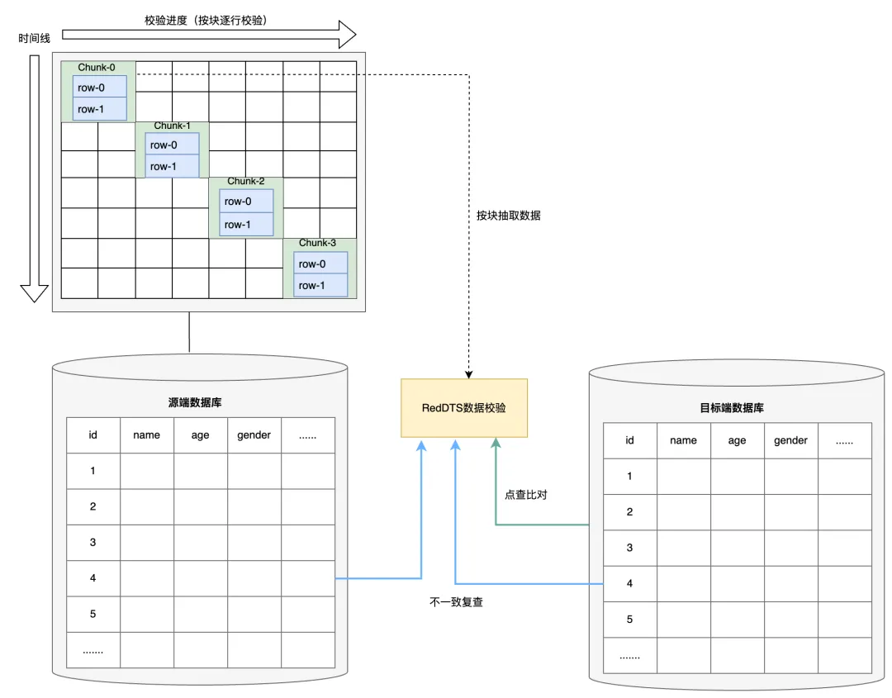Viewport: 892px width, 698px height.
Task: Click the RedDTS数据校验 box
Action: (x=463, y=408)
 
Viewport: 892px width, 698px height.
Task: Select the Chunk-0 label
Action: (x=97, y=68)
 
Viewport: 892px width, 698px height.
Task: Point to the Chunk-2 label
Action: (x=245, y=181)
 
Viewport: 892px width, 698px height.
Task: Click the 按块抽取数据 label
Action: (x=508, y=216)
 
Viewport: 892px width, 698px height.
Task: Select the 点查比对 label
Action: (x=526, y=495)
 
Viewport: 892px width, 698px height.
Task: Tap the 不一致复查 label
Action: (x=456, y=602)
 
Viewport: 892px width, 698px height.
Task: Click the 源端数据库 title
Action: (x=195, y=403)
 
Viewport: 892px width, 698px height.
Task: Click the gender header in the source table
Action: (x=254, y=435)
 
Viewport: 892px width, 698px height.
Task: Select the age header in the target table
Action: (x=737, y=440)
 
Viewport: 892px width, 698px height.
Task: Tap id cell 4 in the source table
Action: (x=93, y=578)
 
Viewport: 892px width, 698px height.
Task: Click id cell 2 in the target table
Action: (x=629, y=512)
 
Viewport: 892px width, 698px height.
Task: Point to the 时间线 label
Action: (x=34, y=38)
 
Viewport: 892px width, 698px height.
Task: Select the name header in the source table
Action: (x=146, y=435)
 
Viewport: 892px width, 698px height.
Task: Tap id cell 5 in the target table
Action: (x=629, y=620)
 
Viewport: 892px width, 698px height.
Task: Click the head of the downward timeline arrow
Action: (x=34, y=292)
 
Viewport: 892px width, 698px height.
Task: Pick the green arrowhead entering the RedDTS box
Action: (x=496, y=444)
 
